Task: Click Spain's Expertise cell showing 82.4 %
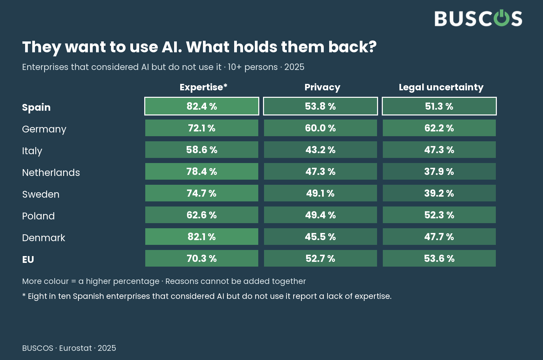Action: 202,106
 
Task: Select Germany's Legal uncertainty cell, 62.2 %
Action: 439,128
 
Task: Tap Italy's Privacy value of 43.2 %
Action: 320,150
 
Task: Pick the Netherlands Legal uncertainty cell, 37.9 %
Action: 439,172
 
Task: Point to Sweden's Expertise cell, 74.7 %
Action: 202,193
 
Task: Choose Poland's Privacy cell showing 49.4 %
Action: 320,215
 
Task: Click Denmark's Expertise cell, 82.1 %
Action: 202,236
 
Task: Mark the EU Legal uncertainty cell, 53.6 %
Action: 439,258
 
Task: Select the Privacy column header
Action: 322,87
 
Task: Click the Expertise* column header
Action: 203,87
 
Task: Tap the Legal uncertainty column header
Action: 441,87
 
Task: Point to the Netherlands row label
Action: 51,173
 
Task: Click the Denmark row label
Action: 44,238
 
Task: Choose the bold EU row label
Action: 28,259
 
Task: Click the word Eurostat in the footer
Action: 75,348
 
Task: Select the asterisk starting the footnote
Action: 24,295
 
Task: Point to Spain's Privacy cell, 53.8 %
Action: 320,106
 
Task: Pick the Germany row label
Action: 44,129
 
